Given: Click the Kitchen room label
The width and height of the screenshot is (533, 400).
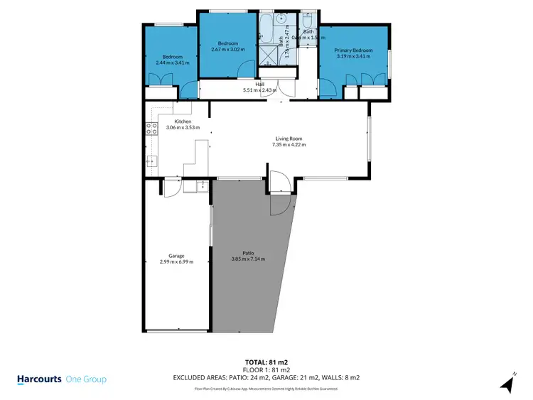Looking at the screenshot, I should click(x=182, y=121).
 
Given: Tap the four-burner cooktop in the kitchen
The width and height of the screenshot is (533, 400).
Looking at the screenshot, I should click(x=151, y=129).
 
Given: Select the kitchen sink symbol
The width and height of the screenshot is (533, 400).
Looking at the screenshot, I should click(x=151, y=161).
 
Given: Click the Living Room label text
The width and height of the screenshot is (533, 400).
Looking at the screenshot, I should click(x=289, y=139).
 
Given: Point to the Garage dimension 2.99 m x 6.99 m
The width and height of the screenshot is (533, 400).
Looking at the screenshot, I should click(x=176, y=261).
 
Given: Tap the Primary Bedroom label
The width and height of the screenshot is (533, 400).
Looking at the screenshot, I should click(x=353, y=50).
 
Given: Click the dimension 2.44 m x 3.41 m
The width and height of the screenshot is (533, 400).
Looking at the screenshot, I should click(x=173, y=63).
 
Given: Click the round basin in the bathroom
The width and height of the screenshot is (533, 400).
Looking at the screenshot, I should click(x=282, y=19).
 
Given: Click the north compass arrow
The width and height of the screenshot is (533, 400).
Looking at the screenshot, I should click(x=507, y=384).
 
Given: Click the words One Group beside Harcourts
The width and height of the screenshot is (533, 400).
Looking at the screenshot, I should click(x=86, y=379).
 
